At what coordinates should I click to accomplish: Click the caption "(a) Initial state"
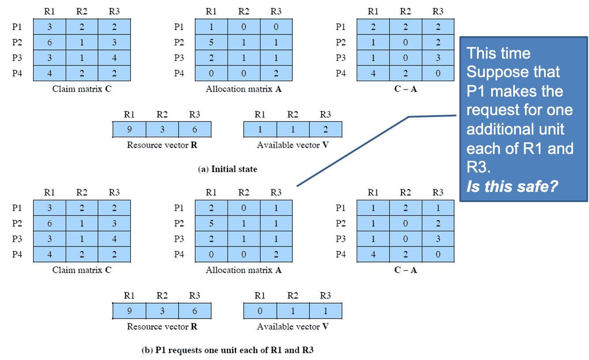[x=227, y=169]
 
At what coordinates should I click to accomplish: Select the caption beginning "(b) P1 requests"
[x=227, y=350]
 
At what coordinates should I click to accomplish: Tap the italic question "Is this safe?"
[x=512, y=186]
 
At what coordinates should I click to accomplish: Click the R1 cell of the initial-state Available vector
[x=260, y=130]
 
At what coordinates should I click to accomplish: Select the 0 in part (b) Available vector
[x=260, y=311]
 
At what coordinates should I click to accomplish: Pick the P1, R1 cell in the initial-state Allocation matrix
[x=211, y=27]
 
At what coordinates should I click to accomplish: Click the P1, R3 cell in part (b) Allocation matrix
[x=276, y=208]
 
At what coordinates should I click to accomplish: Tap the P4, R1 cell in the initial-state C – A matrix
[x=373, y=73]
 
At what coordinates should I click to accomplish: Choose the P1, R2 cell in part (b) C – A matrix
[x=405, y=208]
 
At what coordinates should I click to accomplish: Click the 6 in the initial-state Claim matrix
[x=49, y=42]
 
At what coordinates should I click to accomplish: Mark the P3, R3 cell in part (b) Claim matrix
[x=114, y=239]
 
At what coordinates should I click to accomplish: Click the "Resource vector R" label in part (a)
[x=162, y=145]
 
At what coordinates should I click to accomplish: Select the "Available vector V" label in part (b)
[x=293, y=326]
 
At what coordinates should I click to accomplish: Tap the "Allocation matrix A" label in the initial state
[x=243, y=89]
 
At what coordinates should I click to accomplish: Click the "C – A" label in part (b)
[x=405, y=270]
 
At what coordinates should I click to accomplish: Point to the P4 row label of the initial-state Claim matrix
[x=17, y=73]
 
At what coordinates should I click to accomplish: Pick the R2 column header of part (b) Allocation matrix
[x=243, y=192]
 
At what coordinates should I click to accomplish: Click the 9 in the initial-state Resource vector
[x=129, y=130]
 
